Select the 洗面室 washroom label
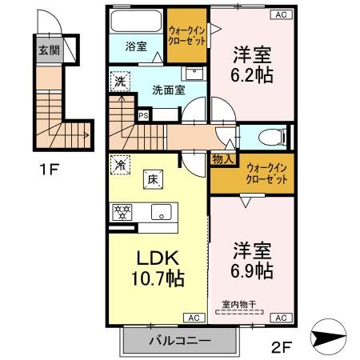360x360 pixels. [168, 90]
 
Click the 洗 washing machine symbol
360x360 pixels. [119, 80]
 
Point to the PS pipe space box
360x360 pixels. [143, 115]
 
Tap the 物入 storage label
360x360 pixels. [223, 159]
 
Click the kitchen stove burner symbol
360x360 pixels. [123, 212]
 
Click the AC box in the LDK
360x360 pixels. [193, 318]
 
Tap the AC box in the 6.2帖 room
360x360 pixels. [281, 14]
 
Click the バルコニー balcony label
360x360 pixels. [179, 342]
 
